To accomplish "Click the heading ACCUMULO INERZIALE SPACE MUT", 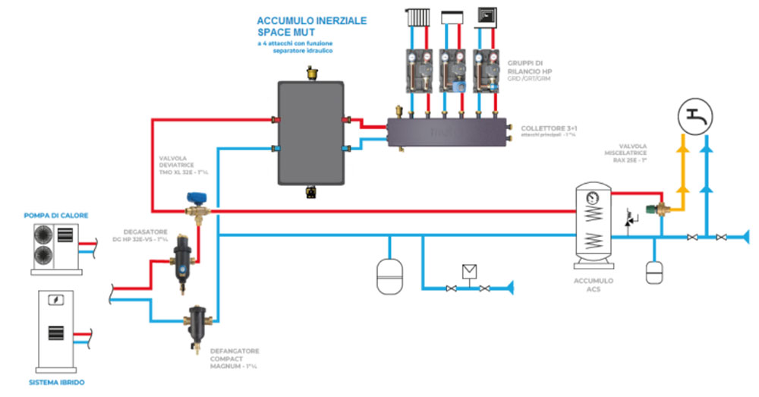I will coord(311,27).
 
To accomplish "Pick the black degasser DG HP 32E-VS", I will coord(183,254).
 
